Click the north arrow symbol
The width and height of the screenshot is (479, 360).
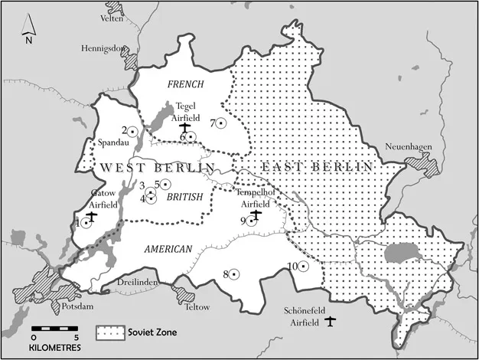coord(28,31)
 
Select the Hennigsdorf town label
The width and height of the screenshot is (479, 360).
coord(103,47)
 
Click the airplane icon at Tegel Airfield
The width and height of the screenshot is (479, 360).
coord(184,128)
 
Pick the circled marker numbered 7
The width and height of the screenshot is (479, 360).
coord(221,123)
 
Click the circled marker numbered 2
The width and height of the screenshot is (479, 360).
coord(132,131)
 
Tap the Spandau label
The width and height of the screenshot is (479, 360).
coord(108,143)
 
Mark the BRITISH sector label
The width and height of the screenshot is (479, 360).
coord(184,197)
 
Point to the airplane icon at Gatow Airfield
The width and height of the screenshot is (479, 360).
coord(92,217)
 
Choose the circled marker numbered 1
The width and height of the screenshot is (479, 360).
coord(86,222)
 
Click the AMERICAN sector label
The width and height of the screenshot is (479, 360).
coord(165,248)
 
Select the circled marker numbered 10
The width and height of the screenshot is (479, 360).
coord(303,266)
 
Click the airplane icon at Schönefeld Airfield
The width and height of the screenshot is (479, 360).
coord(331,320)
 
